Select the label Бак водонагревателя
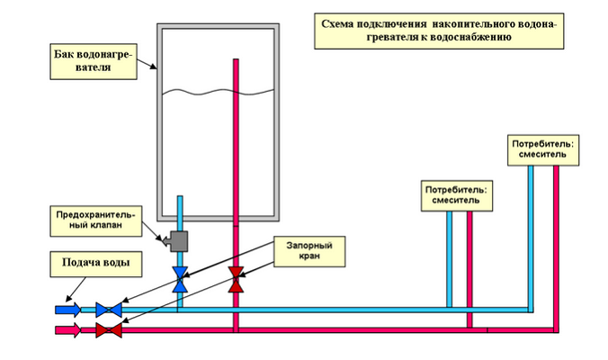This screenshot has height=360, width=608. pos(92,63)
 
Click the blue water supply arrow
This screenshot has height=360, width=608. pos(68,309)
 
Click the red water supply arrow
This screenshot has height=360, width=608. pos(68,330)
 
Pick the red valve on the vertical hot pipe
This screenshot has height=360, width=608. pos(236,279)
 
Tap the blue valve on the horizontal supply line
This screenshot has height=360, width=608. pos(109,309)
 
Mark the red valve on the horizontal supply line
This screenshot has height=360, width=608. pos(109,330)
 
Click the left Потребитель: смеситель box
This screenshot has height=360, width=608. pos(458,195)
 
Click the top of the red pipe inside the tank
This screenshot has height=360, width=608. pos(236,61)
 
